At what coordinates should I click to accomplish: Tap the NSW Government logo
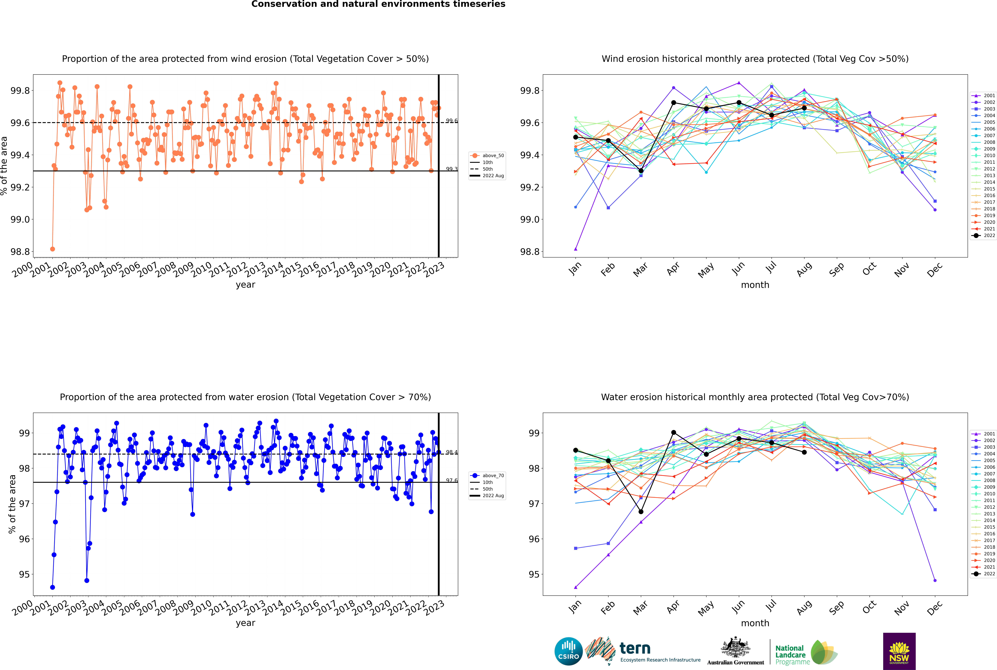[x=899, y=651]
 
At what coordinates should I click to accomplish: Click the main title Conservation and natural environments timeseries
[x=378, y=4]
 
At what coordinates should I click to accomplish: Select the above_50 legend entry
[x=487, y=156]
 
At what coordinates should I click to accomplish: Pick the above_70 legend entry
[x=487, y=476]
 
